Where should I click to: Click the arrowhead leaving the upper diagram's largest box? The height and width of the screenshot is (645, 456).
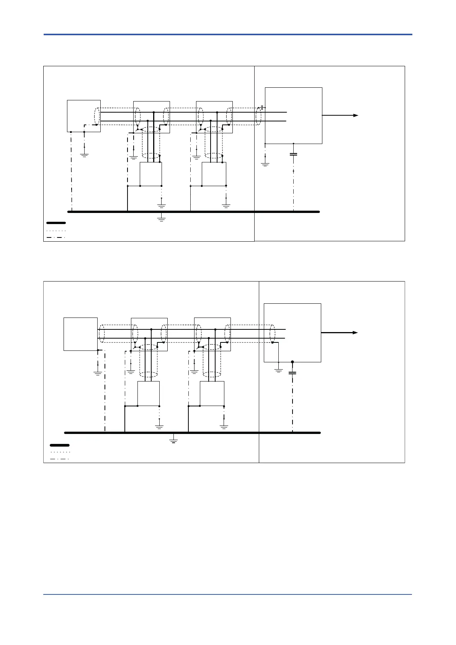pos(356,115)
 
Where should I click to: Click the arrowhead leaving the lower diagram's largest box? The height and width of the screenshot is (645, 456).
pos(355,332)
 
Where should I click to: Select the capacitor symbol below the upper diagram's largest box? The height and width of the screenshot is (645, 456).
pos(293,154)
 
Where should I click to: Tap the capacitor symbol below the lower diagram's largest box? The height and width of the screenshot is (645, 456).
pos(292,373)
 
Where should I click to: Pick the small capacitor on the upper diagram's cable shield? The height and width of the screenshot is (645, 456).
pos(262,108)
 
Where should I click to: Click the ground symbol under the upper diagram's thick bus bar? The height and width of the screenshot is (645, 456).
pos(161,219)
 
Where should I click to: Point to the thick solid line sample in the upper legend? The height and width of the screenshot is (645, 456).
pos(56,223)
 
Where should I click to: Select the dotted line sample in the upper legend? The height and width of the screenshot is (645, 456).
pos(56,231)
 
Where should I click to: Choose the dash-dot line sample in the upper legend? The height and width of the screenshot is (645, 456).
pos(56,237)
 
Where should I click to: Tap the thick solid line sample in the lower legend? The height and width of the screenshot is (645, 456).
pos(60,445)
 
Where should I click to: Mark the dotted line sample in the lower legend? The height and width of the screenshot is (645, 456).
pos(60,452)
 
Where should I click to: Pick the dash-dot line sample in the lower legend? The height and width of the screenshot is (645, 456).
pos(60,459)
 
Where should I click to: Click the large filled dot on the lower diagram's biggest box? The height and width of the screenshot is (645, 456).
pos(292,362)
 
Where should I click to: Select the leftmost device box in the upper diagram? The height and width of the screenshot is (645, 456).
pos(83,116)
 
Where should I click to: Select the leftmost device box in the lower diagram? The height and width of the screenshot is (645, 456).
pos(80,334)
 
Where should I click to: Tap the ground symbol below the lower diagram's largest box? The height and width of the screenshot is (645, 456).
pos(279,370)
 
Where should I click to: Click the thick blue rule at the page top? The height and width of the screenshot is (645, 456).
pos(228,34)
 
